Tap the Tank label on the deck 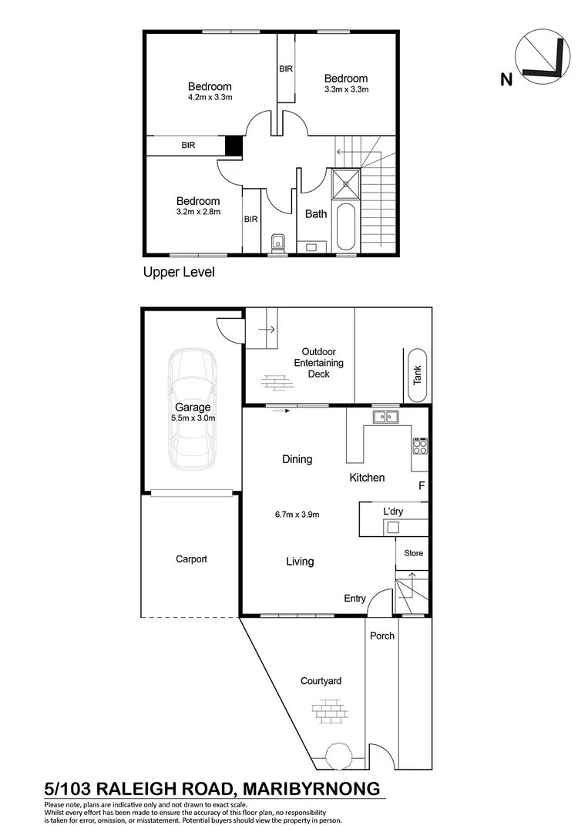point(418,374)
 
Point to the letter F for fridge point(421,486)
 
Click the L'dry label point(393,511)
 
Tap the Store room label point(414,553)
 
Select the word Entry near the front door point(355,598)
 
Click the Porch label point(382,636)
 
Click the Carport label point(190,559)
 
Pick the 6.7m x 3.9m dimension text point(297,515)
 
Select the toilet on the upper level point(278,243)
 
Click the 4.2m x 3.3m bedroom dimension point(210,99)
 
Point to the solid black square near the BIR point(234,146)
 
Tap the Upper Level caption point(178,272)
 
